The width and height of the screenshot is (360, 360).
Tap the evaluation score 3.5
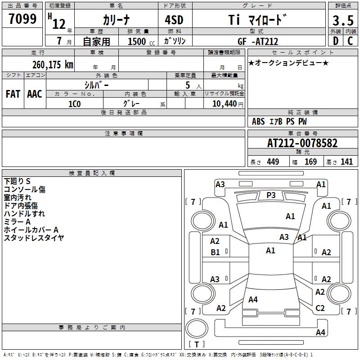[342, 21]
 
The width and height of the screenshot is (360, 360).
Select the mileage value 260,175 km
[53, 64]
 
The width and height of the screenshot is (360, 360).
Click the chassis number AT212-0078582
[302, 144]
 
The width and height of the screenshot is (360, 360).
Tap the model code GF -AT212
[258, 41]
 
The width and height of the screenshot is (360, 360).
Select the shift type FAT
[13, 94]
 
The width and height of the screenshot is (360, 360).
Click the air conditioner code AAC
[35, 94]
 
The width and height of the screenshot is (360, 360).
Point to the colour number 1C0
[74, 103]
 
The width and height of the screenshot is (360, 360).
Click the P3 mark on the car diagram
[271, 195]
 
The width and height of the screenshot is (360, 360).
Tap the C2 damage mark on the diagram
[320, 308]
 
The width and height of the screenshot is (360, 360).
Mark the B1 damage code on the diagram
[216, 252]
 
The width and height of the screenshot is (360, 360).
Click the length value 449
[273, 162]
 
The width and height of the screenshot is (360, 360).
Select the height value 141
[346, 162]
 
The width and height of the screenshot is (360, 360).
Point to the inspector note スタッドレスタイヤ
[34, 238]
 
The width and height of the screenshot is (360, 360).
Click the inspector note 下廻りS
[17, 181]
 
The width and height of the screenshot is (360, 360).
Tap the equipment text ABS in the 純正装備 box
[258, 121]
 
